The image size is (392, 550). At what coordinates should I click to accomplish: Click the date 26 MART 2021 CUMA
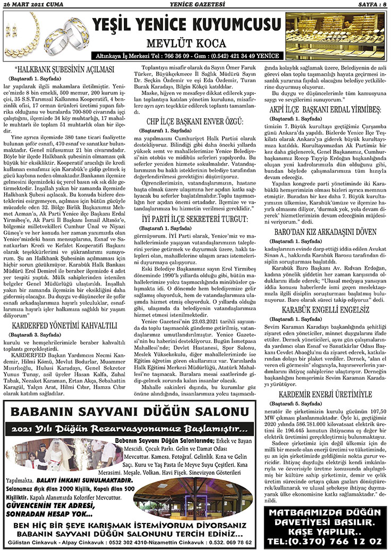33,4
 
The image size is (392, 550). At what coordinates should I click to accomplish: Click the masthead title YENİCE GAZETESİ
197,4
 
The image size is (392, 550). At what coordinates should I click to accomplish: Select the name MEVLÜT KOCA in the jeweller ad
185,43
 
